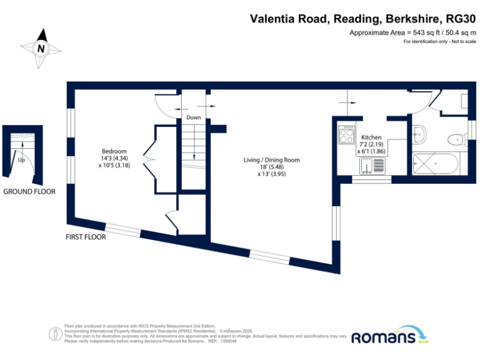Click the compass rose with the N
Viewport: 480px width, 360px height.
[x=41, y=47]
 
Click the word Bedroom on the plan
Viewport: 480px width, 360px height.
[x=114, y=151]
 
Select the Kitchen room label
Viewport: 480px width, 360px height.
[x=371, y=137]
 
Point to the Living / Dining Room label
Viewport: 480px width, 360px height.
[x=272, y=160]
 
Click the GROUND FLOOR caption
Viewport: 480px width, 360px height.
[x=29, y=192]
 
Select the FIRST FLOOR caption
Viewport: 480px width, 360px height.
[x=86, y=237]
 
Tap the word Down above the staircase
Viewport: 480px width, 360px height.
[x=193, y=117]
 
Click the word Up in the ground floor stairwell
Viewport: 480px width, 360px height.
[x=21, y=159]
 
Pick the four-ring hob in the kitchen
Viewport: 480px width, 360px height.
[x=346, y=134]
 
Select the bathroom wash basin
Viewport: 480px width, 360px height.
[x=419, y=132]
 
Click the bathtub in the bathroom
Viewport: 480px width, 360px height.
[x=435, y=164]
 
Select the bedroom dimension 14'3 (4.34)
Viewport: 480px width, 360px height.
[x=114, y=159]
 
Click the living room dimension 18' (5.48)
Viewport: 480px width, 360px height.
[x=272, y=167]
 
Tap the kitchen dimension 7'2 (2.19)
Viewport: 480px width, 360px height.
[x=371, y=144]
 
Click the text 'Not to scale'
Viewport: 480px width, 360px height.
[x=462, y=41]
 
